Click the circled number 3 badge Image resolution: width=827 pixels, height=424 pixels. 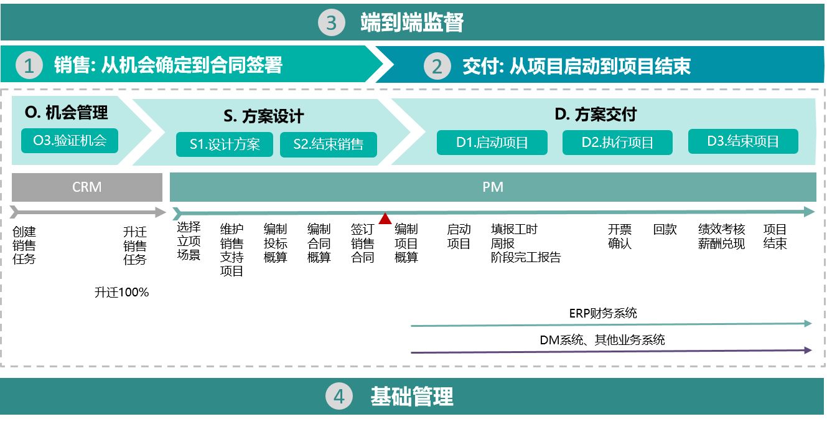(x=331, y=22)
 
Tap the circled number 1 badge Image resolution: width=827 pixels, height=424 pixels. (x=29, y=65)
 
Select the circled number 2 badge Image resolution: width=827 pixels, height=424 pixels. (x=437, y=66)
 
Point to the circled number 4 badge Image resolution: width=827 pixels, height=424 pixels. (x=339, y=397)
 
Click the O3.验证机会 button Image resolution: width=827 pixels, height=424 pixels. (x=70, y=141)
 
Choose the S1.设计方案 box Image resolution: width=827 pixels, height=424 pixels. (x=225, y=144)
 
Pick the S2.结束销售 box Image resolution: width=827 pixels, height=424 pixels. (x=329, y=144)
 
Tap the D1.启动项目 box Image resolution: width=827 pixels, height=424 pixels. (x=492, y=143)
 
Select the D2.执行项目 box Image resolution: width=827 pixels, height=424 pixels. (x=617, y=143)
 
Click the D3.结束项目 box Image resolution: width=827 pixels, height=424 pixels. (x=743, y=141)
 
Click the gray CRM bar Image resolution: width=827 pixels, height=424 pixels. (x=87, y=187)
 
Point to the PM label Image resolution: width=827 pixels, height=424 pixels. (x=493, y=187)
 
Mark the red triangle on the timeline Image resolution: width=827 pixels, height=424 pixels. (x=385, y=219)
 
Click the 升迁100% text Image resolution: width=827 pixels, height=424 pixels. (x=122, y=293)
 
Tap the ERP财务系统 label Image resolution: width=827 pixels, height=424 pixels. (x=603, y=313)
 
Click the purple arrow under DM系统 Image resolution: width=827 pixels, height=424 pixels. (x=612, y=351)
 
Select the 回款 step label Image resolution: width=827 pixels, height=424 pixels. (x=665, y=229)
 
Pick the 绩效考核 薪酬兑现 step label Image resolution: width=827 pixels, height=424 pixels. (x=721, y=237)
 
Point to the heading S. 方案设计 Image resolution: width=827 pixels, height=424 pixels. (x=264, y=116)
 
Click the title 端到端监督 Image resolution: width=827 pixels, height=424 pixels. (x=412, y=22)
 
